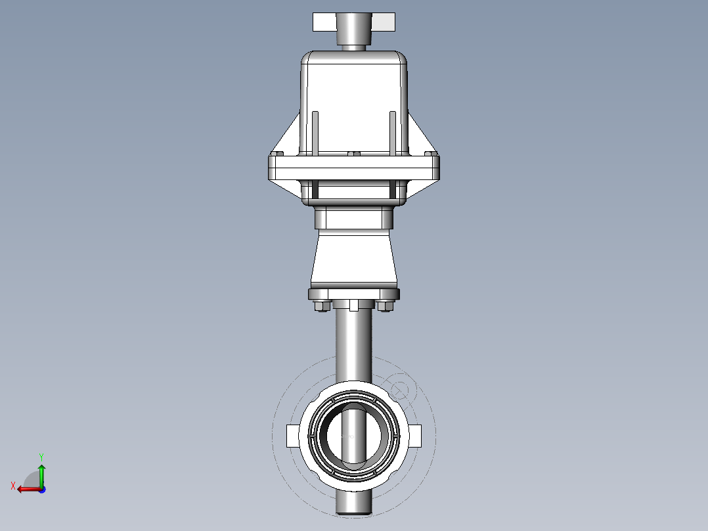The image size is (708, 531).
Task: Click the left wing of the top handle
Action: click(324, 22)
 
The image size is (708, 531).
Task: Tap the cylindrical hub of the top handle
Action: click(354, 28)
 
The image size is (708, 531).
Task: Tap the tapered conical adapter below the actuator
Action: click(353, 260)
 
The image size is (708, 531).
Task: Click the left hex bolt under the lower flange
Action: click(321, 306)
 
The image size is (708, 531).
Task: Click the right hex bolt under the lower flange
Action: click(386, 306)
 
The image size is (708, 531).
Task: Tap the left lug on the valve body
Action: click(293, 436)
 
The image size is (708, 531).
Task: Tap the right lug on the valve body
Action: click(415, 436)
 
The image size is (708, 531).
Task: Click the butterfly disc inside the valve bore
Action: click(355, 437)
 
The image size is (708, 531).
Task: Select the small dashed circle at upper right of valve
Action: click(399, 388)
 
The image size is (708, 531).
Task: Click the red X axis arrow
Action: click(25, 488)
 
